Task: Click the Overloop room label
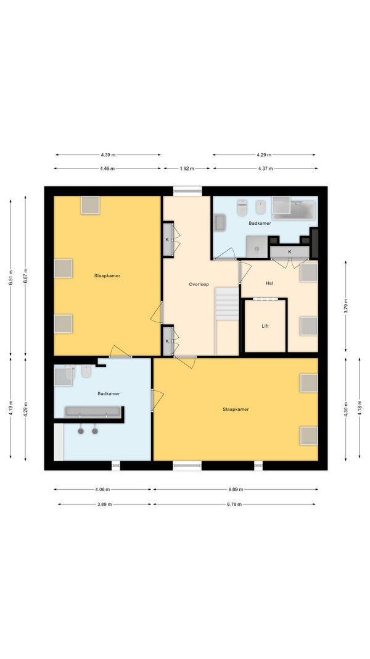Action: coord(199,285)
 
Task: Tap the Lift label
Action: coord(265,326)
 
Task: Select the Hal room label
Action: coord(269,283)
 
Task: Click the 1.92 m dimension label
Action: coord(187,169)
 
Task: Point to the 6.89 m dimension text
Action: coord(236,489)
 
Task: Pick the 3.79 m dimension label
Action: coord(346,306)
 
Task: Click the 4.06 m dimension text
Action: coord(102,489)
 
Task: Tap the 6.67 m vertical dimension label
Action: coord(25,275)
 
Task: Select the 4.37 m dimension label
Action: coord(265,169)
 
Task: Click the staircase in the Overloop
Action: coord(227,304)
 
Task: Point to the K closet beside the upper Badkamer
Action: coord(289,252)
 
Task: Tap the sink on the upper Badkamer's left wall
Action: coord(220,222)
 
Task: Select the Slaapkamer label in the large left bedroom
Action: coord(107,275)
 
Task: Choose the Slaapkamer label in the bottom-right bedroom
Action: coord(236,409)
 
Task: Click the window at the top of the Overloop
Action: coord(187,191)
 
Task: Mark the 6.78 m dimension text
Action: coord(234,505)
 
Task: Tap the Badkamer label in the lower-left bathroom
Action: coord(109,394)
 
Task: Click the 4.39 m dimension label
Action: coord(108,154)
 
